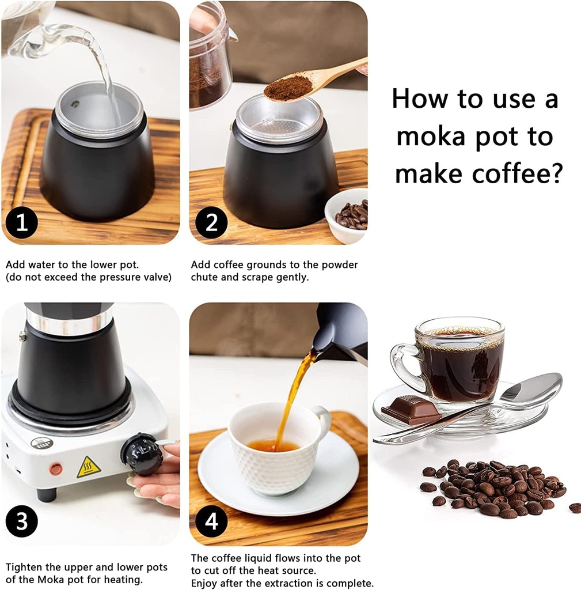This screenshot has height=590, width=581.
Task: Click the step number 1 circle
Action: pos(22,222)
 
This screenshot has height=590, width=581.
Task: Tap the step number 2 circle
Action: pos(211,222)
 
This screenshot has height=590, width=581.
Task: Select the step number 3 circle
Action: pos(22,523)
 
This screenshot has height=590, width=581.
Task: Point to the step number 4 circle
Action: pos(211,523)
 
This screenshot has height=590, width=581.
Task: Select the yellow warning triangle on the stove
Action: pos(89,468)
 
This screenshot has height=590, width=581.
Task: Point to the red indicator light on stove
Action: pos(55,469)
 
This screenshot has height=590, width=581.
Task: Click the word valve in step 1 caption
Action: pos(157,277)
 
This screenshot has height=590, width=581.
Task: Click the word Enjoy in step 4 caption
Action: pos(205,583)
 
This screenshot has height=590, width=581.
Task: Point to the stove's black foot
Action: pos(45,494)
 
